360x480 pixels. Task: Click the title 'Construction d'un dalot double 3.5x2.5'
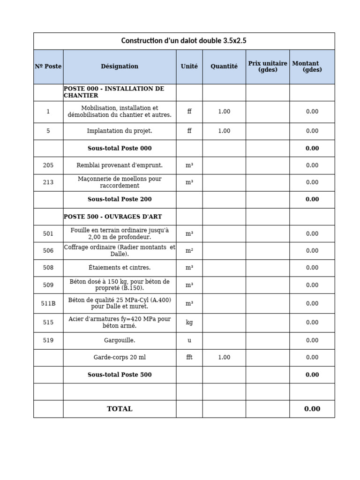(184, 41)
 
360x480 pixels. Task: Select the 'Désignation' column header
(120, 67)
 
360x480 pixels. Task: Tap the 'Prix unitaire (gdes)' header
(268, 67)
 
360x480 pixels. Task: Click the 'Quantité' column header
(224, 67)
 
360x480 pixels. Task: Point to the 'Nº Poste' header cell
(48, 67)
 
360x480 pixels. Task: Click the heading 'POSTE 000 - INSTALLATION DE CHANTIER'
(114, 92)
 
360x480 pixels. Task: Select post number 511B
(48, 303)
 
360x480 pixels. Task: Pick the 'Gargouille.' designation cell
(120, 340)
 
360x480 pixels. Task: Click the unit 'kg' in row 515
(189, 322)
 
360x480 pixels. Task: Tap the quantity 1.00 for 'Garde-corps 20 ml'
(224, 357)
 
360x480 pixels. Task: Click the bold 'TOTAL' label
(120, 409)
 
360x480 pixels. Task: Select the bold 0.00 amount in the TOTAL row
(312, 409)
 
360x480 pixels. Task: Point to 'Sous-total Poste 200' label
(120, 199)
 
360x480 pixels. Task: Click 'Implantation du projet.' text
(120, 131)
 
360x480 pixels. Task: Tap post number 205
(48, 165)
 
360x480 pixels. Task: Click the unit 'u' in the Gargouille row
(189, 340)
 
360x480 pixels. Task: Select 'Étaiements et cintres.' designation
(120, 268)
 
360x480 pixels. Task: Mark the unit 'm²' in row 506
(189, 251)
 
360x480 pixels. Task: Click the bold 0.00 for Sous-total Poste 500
(312, 375)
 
